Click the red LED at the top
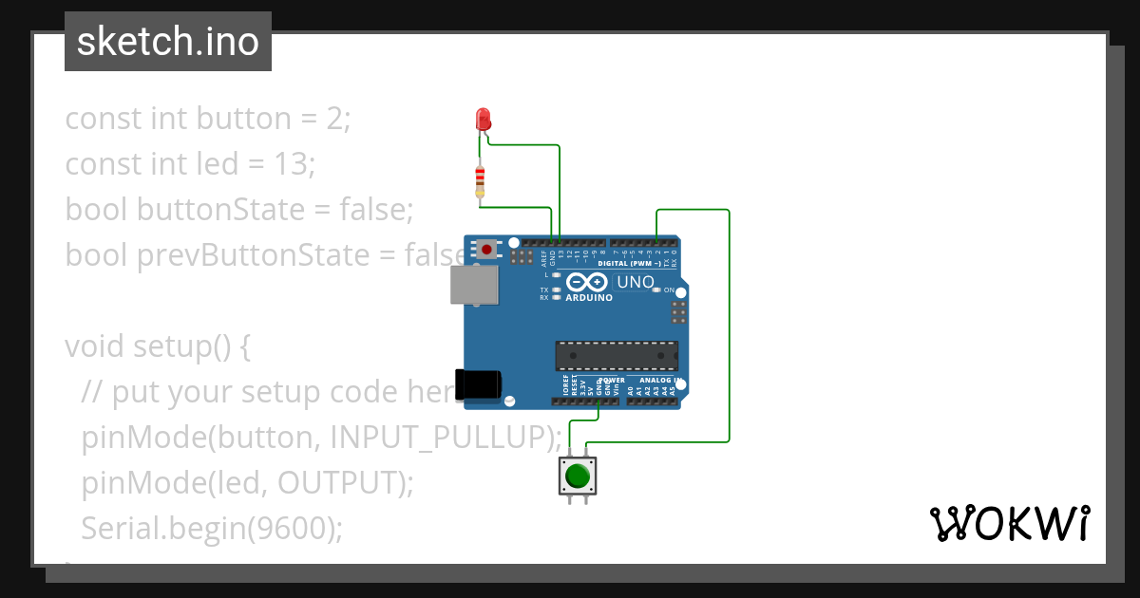(x=483, y=120)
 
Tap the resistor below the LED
(x=480, y=179)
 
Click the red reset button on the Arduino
(x=486, y=250)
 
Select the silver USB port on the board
(x=473, y=285)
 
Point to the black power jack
(x=477, y=384)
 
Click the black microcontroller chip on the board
(x=617, y=355)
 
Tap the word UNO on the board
(x=635, y=282)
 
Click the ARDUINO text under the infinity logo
(x=589, y=297)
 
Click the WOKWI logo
(x=1008, y=523)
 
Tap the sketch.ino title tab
(x=168, y=42)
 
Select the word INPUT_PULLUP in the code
(x=441, y=438)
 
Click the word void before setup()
(x=95, y=346)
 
